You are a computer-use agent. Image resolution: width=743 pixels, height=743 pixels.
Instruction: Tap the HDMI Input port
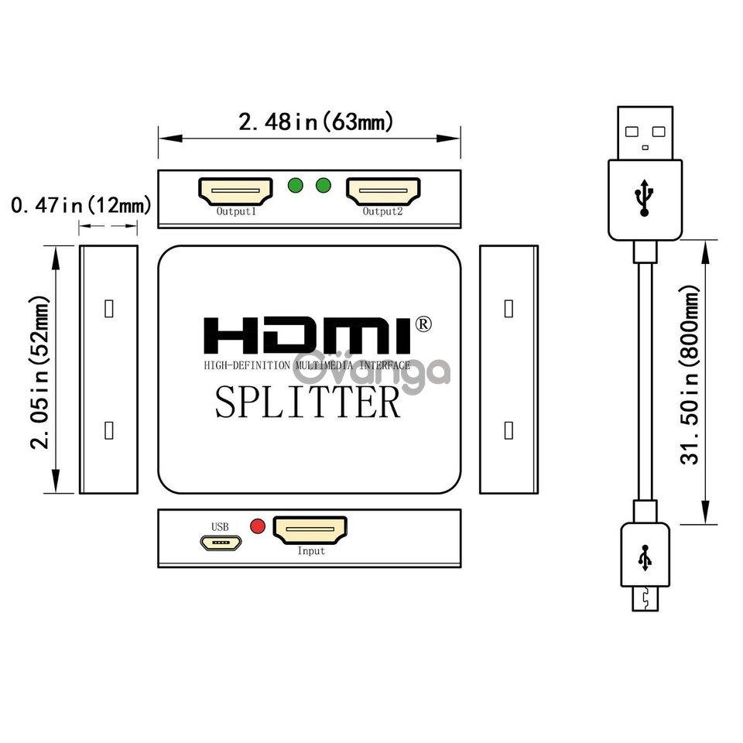[310, 530]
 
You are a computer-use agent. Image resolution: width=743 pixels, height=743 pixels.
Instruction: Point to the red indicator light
[257, 526]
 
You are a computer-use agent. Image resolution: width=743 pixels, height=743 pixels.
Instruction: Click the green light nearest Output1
[295, 185]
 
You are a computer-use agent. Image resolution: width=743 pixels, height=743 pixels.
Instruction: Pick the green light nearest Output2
[324, 185]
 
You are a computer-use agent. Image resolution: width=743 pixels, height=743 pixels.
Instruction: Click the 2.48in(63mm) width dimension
[316, 122]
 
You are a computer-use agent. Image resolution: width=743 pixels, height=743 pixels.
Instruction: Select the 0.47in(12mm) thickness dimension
[81, 205]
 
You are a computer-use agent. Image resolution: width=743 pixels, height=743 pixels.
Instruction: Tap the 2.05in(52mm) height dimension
[39, 372]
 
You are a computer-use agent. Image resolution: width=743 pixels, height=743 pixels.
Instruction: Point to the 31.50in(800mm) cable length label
[690, 375]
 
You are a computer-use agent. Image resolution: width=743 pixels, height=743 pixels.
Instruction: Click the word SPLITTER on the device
[308, 402]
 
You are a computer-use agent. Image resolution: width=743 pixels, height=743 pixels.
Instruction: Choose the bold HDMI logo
[307, 335]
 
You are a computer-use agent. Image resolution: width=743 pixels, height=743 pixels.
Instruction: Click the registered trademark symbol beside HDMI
[423, 324]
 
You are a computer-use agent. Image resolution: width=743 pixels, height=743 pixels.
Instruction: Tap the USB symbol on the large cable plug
[644, 197]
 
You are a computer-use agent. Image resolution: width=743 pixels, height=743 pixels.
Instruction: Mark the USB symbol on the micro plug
[645, 558]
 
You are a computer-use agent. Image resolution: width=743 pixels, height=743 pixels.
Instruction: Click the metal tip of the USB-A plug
[645, 133]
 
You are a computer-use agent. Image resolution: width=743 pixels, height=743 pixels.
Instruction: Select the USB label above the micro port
[220, 527]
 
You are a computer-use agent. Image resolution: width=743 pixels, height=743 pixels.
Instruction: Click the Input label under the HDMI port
[311, 551]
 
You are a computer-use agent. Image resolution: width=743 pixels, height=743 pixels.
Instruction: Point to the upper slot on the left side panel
[109, 309]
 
